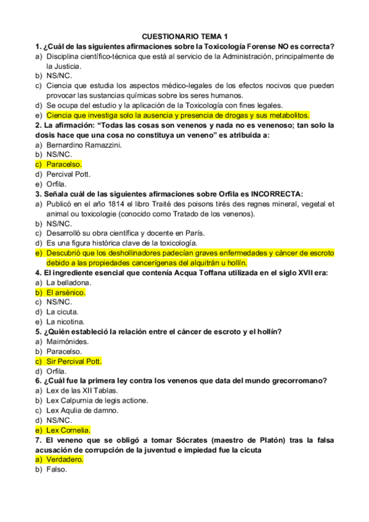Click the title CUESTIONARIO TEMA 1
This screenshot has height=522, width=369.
coord(185,36)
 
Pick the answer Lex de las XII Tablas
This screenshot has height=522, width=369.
coord(82,391)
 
